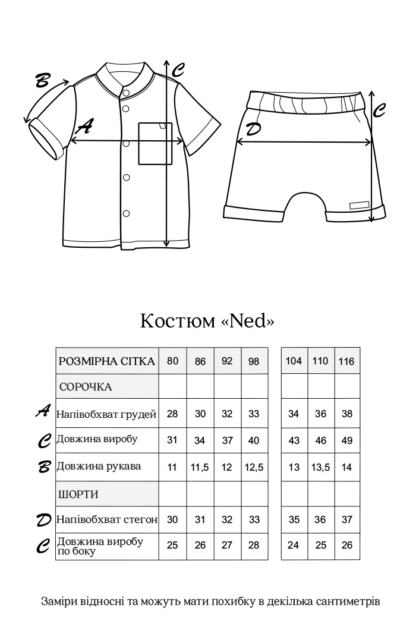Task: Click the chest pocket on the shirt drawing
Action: [155, 143]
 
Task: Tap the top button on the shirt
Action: [125, 93]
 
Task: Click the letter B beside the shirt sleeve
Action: [42, 81]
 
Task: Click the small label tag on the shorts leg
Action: [359, 205]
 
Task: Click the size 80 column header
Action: [172, 361]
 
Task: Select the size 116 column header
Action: [347, 361]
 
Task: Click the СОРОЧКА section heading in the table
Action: [86, 387]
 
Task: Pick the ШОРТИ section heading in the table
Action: [78, 494]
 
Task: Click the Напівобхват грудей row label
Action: [106, 414]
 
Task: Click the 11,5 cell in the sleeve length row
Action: [200, 467]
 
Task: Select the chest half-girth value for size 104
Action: [294, 414]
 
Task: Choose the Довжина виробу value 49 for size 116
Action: [347, 441]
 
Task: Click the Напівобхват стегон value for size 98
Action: [254, 520]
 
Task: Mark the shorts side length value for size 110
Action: [320, 546]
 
